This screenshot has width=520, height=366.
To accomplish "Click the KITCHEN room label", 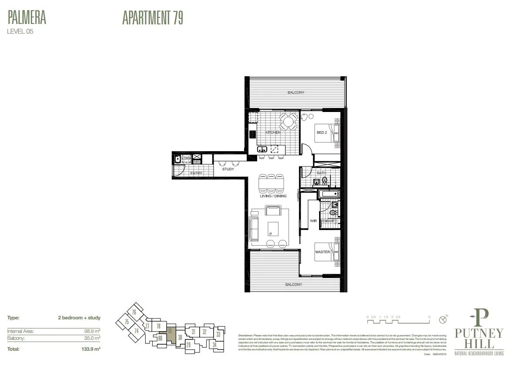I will [273, 132].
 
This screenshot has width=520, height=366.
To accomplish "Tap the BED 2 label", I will [321, 132].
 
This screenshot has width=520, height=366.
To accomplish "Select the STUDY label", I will [228, 169].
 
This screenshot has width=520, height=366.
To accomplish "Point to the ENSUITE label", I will [329, 221].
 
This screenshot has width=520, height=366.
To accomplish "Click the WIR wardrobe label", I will [313, 221].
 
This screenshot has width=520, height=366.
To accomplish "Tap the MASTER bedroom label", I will [323, 252].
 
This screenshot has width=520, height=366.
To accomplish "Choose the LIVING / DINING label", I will [273, 196].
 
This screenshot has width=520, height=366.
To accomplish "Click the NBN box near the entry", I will [197, 162].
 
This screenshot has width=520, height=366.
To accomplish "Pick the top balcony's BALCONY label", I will [296, 92].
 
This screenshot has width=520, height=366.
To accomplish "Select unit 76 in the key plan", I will [134, 312].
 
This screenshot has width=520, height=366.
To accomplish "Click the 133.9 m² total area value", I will [92, 349].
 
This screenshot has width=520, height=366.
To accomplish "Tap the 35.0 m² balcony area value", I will [93, 338].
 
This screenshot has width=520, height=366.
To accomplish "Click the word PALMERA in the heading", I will [27, 18].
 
